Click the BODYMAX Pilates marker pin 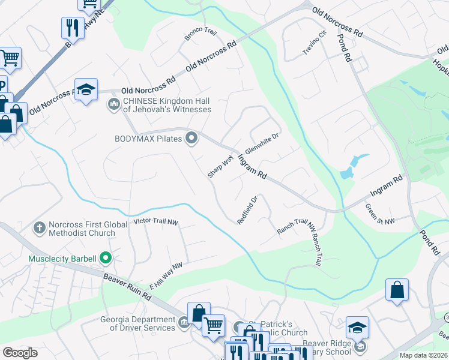(191, 139)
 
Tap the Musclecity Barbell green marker (106, 259)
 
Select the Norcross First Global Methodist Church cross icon (40, 227)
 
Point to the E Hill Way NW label (166, 276)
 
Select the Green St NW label (380, 214)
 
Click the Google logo (20, 353)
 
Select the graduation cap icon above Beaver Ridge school (357, 327)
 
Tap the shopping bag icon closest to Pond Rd (397, 290)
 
